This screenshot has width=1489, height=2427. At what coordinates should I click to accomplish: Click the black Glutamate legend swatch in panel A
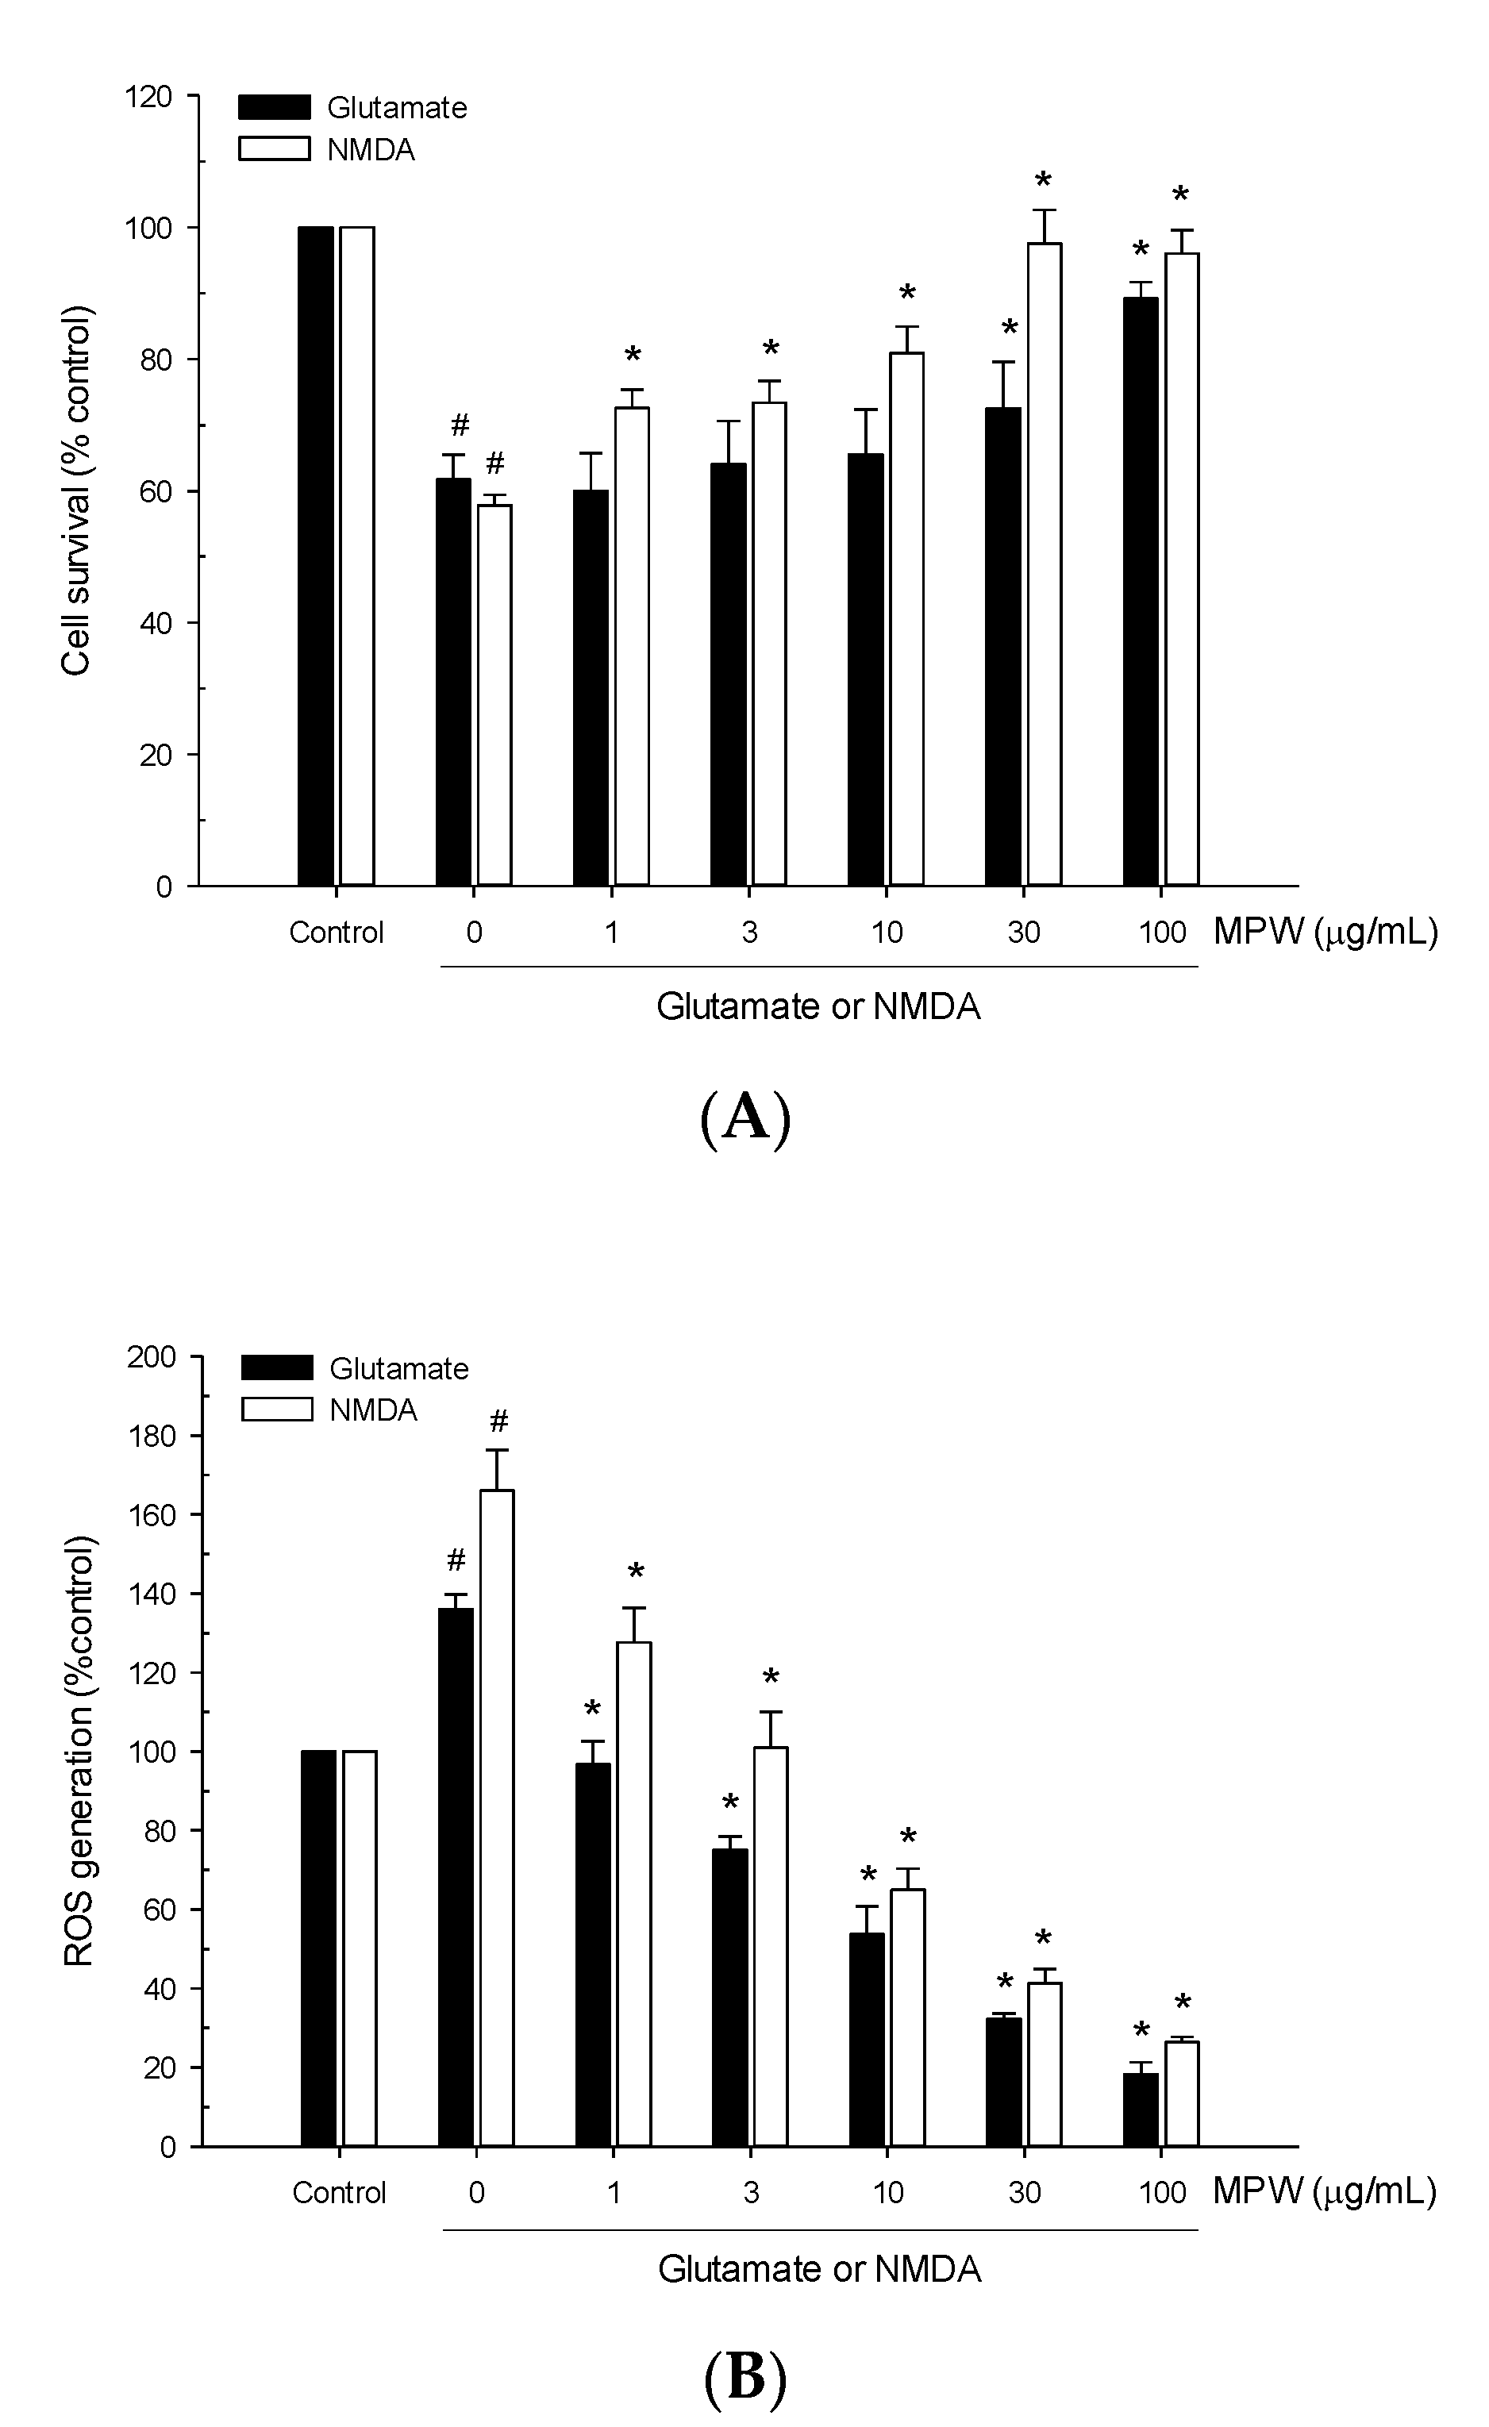[x=274, y=107]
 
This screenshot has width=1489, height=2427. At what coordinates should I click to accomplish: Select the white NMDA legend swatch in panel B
[x=277, y=1410]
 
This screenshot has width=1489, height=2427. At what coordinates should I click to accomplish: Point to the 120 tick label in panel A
[x=148, y=97]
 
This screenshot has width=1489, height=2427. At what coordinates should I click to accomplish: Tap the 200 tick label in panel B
[x=151, y=1357]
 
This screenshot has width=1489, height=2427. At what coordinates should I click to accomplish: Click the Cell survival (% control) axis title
[x=76, y=490]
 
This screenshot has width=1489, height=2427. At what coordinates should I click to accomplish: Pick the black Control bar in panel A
[x=315, y=556]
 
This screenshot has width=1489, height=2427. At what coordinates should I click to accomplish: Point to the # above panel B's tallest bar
[x=498, y=1421]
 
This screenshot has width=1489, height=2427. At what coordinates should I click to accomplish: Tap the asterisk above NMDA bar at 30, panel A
[x=1043, y=181]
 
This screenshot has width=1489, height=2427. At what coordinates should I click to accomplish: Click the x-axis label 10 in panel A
[x=887, y=932]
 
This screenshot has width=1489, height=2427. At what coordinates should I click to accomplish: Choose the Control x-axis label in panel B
[x=339, y=2193]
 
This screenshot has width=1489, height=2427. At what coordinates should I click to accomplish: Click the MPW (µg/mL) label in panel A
[x=1325, y=931]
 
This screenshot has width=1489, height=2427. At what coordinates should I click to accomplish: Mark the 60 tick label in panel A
[x=155, y=491]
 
